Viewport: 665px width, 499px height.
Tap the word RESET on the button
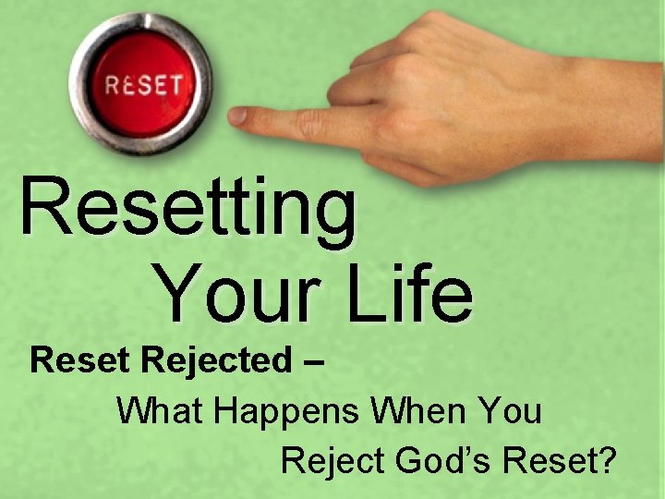142,86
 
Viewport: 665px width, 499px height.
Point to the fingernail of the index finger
238,116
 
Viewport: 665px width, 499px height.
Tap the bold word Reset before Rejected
81,360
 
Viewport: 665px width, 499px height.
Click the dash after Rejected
312,361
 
